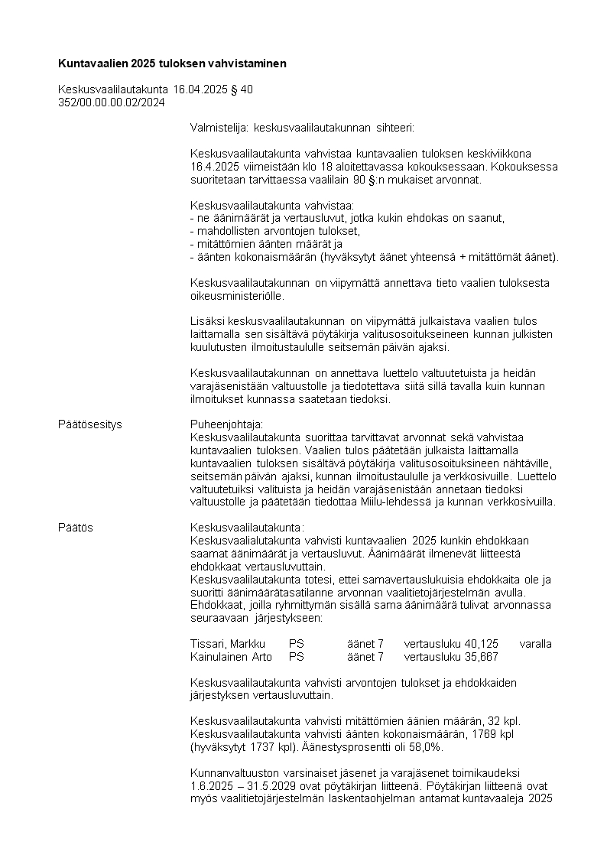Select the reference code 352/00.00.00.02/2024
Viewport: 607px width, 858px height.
tap(112, 102)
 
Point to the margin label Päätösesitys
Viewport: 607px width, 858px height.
tap(90, 424)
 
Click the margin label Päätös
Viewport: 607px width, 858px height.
tap(76, 527)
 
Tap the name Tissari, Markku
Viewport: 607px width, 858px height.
tap(227, 644)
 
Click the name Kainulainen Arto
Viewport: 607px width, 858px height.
tap(231, 656)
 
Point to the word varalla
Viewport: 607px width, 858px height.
tap(535, 644)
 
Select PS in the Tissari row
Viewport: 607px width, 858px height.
tap(297, 644)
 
